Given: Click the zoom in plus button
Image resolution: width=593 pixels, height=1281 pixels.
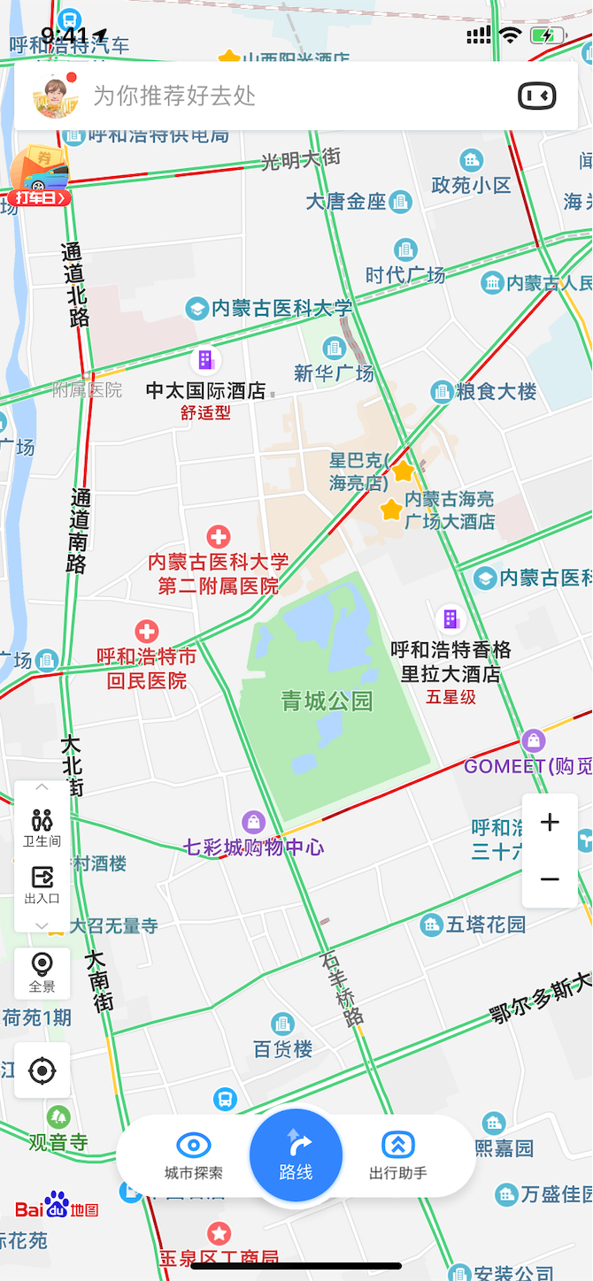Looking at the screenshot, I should pos(550,823).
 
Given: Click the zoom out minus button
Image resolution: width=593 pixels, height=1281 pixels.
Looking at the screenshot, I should pos(550,879).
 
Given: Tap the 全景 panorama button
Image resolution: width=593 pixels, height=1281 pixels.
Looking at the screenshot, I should pos(42,972).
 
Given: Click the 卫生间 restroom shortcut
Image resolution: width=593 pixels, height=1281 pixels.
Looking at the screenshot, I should pos(42,826).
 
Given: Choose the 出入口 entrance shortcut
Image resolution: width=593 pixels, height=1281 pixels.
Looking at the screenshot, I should pos(42,885).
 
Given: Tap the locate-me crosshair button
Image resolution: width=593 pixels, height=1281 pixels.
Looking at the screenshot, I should pos(42,1071).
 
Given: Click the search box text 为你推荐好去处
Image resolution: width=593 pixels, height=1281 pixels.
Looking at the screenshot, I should pos(174,96).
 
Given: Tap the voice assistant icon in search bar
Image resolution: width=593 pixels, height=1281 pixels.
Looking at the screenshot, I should pos(536,96).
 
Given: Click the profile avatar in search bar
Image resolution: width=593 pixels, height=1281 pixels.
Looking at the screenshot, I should pos(51,96).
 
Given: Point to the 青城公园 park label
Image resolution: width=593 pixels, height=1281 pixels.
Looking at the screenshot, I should pos(327,702).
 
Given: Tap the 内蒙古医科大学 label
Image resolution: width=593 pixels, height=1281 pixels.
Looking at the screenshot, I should pos(281,308).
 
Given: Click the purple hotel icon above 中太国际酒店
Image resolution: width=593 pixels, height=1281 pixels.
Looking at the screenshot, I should pos(205,360).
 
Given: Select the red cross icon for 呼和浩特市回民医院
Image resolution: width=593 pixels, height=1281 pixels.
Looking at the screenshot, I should pos(147,632).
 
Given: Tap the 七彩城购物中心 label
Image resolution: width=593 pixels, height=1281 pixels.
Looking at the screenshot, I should pos(254,847).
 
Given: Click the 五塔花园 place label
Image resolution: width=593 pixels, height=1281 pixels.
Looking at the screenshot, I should pos(485,925).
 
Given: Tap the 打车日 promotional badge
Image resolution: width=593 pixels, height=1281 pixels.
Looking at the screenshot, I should pos(39,197).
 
